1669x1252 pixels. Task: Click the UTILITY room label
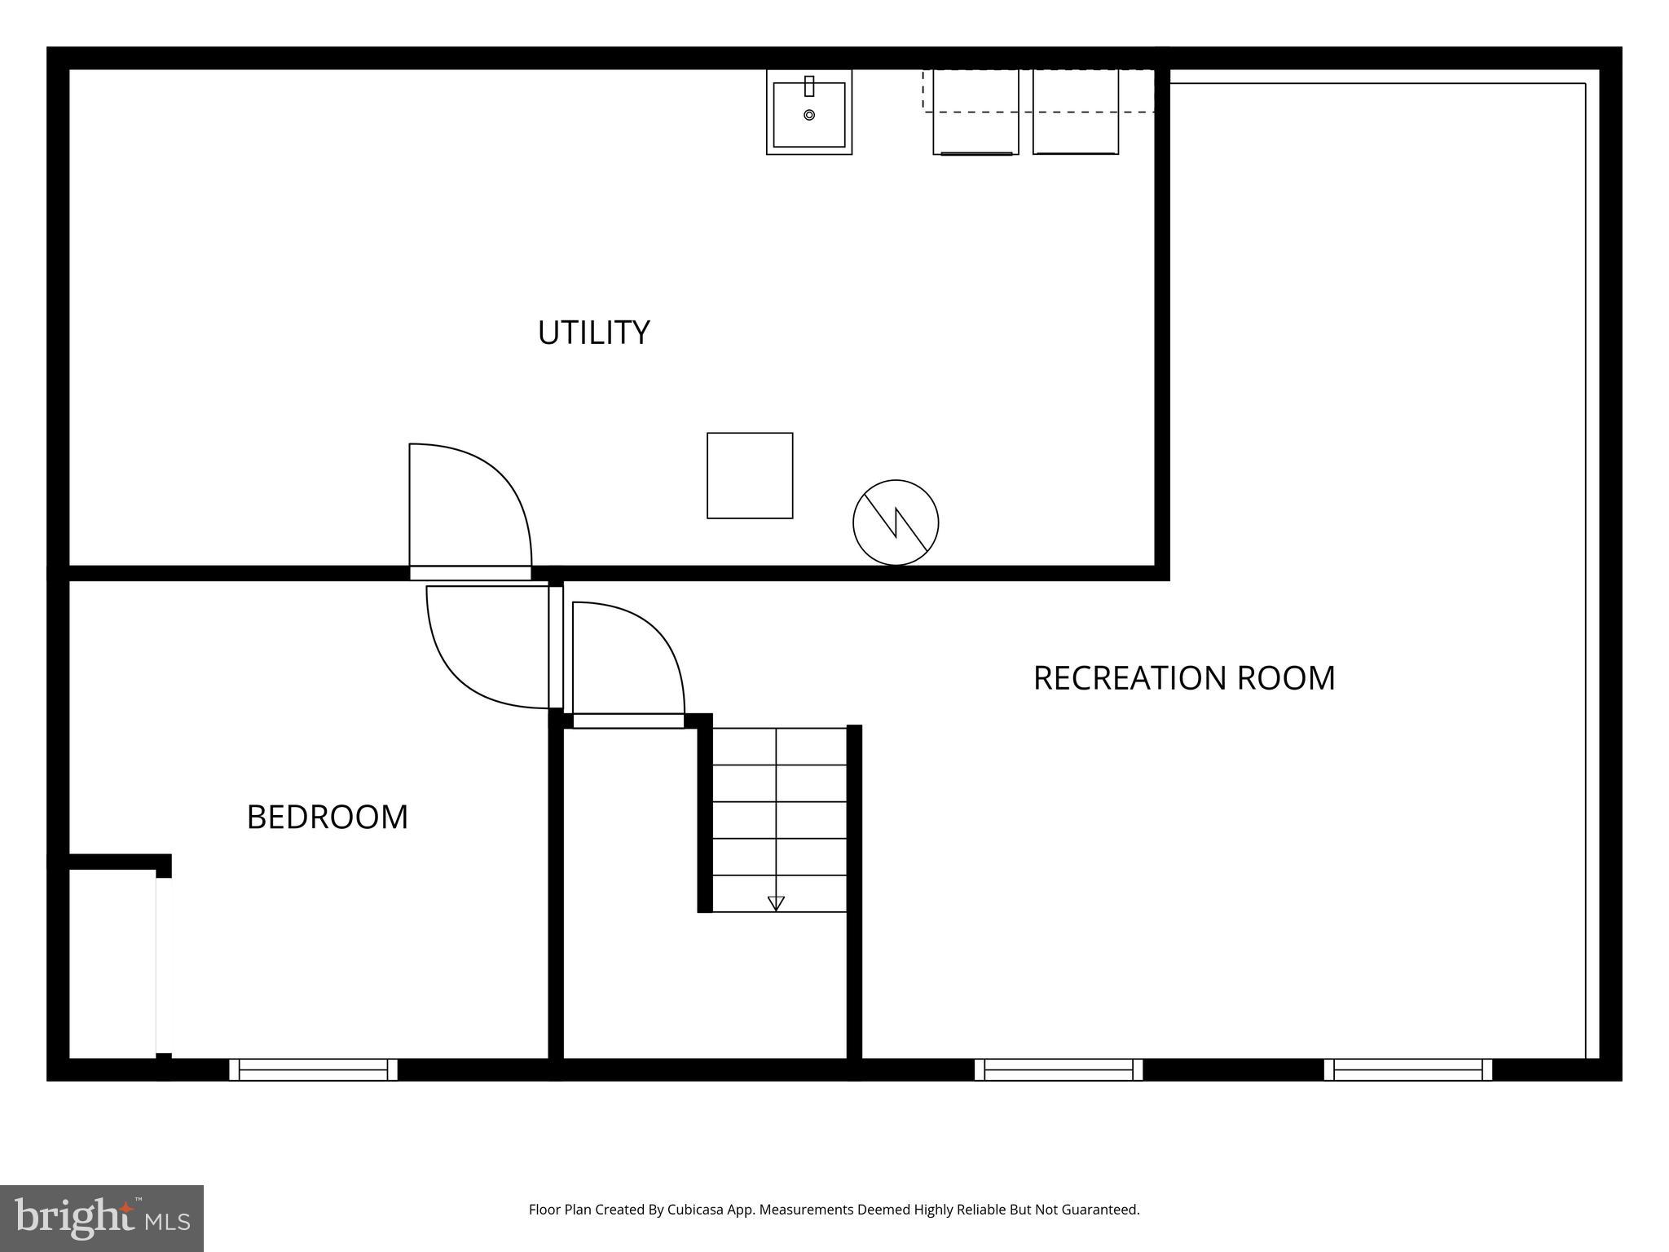[x=593, y=333]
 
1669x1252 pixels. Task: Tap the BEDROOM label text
[x=327, y=817]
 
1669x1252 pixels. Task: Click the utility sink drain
[x=809, y=115]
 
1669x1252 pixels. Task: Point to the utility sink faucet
[x=809, y=86]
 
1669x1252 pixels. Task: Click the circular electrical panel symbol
[x=896, y=522]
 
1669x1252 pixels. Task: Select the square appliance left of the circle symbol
[x=750, y=475]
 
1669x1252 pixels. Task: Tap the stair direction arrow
[x=776, y=903]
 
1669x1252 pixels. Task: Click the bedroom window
[x=313, y=1069]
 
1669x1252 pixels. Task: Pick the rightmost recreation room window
[x=1408, y=1069]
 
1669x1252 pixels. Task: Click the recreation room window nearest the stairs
[x=1059, y=1069]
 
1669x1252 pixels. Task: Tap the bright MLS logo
[x=101, y=1218]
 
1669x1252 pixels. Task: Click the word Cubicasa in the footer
[x=696, y=1210]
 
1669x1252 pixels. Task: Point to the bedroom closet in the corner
[x=112, y=962]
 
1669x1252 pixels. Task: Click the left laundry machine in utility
[x=975, y=112]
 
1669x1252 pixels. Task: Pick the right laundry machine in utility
[x=1076, y=112]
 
